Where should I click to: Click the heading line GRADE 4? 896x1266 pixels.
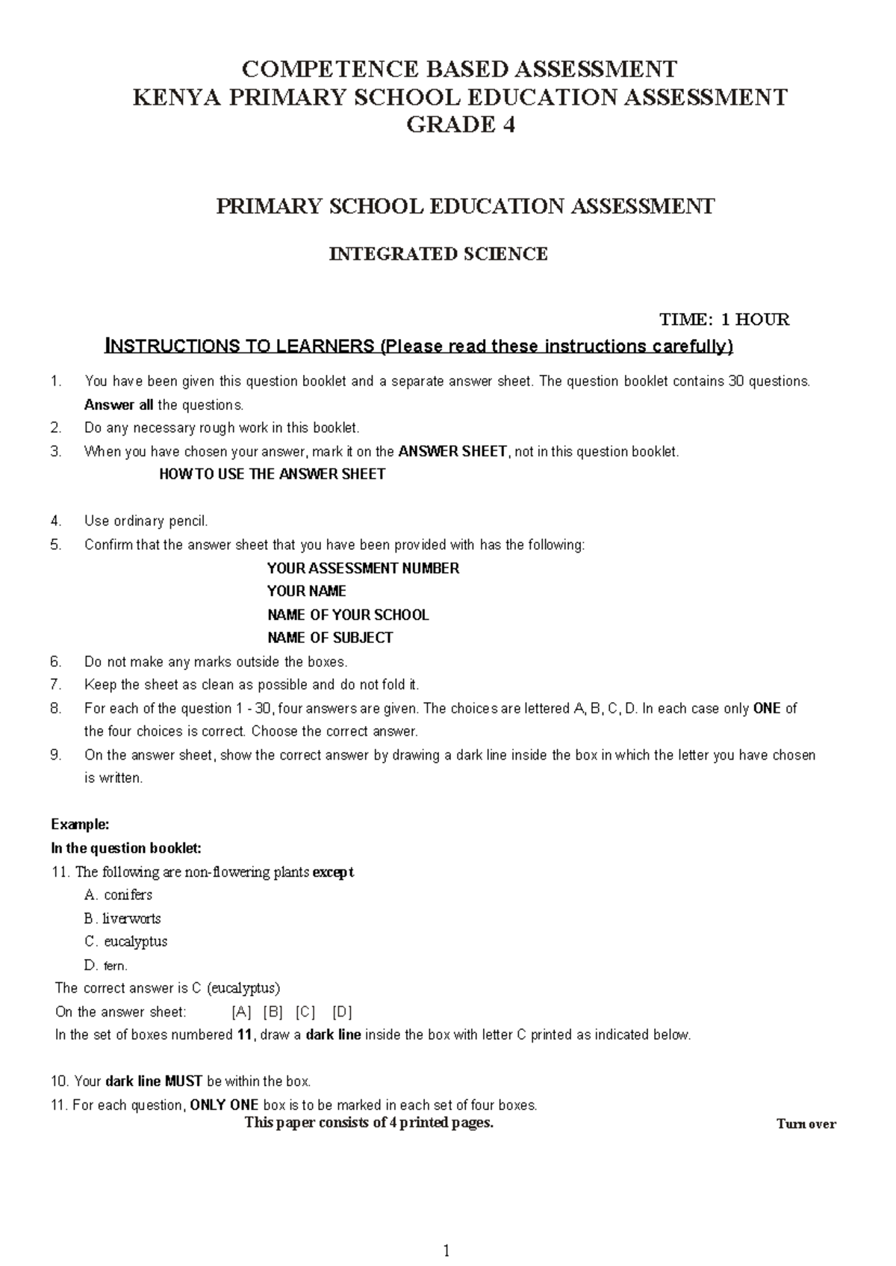[x=460, y=125]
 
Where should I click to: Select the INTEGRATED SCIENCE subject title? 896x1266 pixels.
[x=438, y=254]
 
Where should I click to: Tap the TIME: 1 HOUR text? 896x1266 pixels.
[x=724, y=320]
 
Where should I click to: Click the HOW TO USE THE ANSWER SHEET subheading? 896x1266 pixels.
[x=273, y=474]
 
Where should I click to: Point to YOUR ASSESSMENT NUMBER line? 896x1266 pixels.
[x=363, y=568]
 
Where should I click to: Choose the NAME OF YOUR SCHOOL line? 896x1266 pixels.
[x=348, y=615]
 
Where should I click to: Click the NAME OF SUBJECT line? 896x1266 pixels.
[x=330, y=638]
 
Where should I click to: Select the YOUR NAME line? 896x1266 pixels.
[x=307, y=592]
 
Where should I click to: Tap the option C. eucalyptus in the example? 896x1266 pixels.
[x=126, y=941]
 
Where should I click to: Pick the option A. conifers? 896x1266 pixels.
[x=119, y=895]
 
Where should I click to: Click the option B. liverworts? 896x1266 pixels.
[x=122, y=918]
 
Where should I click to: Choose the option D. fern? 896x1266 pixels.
[x=107, y=966]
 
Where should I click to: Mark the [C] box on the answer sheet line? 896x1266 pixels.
[x=305, y=1012]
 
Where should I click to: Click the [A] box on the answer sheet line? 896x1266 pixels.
[x=242, y=1012]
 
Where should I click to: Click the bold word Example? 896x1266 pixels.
[x=80, y=825]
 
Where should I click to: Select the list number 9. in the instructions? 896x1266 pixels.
[x=56, y=755]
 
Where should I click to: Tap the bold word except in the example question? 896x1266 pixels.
[x=333, y=872]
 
